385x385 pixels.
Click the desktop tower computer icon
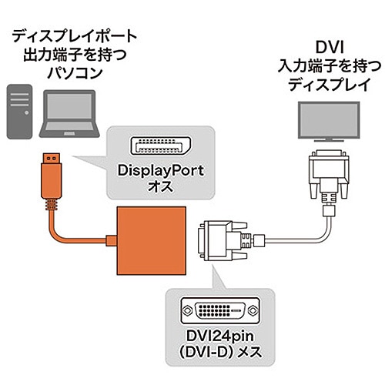click(x=19, y=112)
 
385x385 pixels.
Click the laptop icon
click(x=69, y=114)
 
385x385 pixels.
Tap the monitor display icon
click(x=329, y=122)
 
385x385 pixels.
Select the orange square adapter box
click(x=152, y=240)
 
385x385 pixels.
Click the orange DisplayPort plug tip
click(x=52, y=158)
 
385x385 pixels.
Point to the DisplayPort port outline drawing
click(x=161, y=146)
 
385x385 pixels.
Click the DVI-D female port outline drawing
click(x=220, y=310)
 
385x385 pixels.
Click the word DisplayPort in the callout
click(x=161, y=171)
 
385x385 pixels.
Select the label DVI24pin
click(x=220, y=336)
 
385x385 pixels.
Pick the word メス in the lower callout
click(x=249, y=352)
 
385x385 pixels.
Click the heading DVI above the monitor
click(x=330, y=48)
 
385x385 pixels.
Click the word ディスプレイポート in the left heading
click(x=75, y=36)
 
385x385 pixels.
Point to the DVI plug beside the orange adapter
click(x=223, y=240)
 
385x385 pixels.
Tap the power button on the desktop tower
click(x=26, y=112)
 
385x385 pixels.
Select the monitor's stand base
click(x=329, y=140)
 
